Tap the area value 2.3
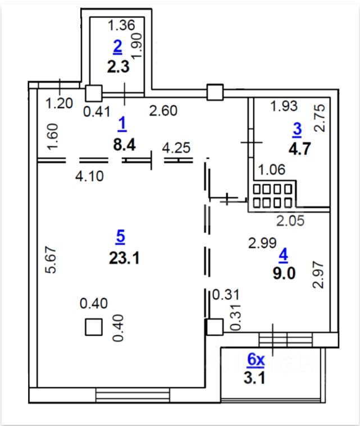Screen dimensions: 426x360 pyautogui.click(x=118, y=66)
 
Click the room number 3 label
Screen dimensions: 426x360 pyautogui.click(x=297, y=129)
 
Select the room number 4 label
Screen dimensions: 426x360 pyautogui.click(x=283, y=254)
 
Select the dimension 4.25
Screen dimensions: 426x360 pyautogui.click(x=176, y=149)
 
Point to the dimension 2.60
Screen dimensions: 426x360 pyautogui.click(x=163, y=111)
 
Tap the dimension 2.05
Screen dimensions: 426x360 pyautogui.click(x=290, y=220)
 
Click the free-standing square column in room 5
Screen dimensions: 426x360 pyautogui.click(x=94, y=327)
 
